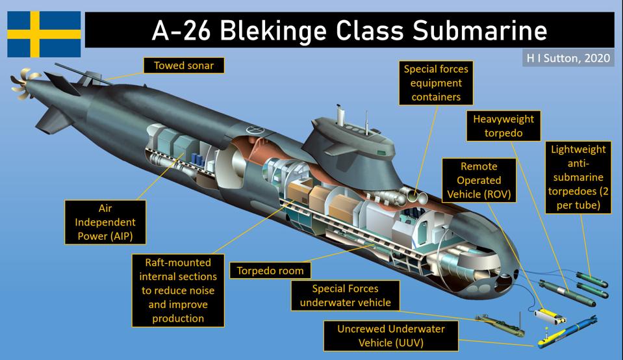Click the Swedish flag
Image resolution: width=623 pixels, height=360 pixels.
44,34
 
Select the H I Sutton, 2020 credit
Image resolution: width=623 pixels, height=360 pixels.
566,57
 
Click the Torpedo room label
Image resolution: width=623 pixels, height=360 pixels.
270,270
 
